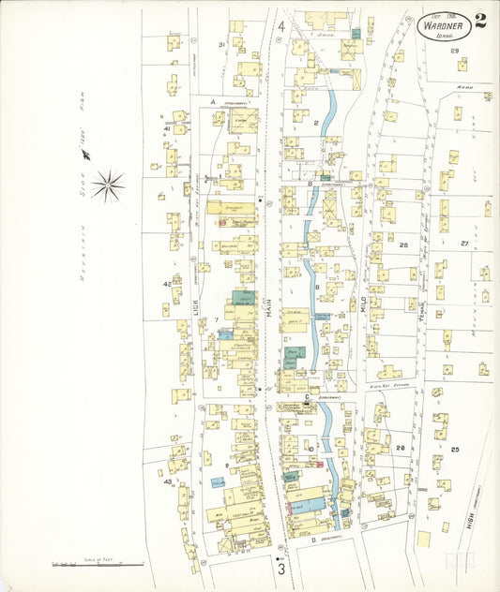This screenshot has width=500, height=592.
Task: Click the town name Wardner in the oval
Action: tap(444, 27)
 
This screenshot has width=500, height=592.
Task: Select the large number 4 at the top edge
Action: tap(281, 25)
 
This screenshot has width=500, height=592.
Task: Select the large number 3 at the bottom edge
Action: tap(280, 568)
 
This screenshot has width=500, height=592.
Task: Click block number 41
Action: tap(167, 129)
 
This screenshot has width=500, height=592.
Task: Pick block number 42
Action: tap(167, 283)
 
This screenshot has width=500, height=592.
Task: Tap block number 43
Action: tap(168, 482)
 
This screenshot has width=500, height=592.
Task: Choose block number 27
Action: tap(463, 244)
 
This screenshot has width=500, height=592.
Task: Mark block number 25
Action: tap(454, 450)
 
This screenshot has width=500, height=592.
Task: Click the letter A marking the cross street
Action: tap(213, 101)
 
